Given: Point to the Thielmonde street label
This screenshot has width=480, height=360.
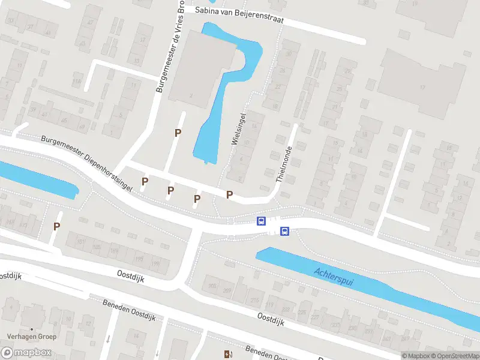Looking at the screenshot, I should tap(284, 164).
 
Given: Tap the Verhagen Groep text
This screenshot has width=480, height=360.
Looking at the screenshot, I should tap(31, 337).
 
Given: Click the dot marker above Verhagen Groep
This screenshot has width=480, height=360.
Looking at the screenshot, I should tap(31, 329).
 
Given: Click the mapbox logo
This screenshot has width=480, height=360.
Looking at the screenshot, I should tap(29, 352).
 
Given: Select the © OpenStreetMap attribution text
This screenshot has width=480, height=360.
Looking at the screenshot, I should tap(451, 356).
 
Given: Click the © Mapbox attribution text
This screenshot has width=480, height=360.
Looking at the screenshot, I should tap(413, 356).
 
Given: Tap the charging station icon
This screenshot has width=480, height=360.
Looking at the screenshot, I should tap(227, 354).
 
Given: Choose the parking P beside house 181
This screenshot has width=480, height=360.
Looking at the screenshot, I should tap(57, 226).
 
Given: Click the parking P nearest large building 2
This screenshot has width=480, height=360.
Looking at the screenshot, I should tap(177, 133).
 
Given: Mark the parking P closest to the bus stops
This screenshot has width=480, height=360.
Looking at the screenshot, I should tap(229, 194).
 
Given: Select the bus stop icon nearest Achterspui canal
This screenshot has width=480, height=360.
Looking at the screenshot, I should tap(285, 231).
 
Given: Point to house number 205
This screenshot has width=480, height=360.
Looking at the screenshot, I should tap(211, 285).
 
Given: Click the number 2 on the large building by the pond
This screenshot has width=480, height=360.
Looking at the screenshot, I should tap(191, 95).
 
